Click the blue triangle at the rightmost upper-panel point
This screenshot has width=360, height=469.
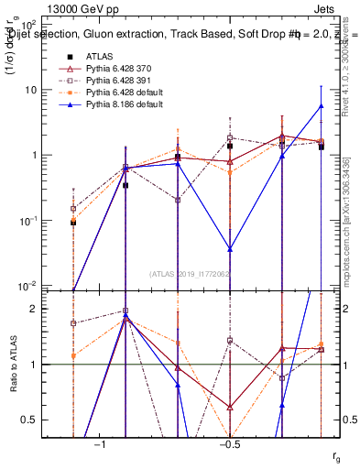pyautogui.click(x=321, y=105)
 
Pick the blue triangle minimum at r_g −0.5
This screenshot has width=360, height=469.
pyautogui.click(x=230, y=248)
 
